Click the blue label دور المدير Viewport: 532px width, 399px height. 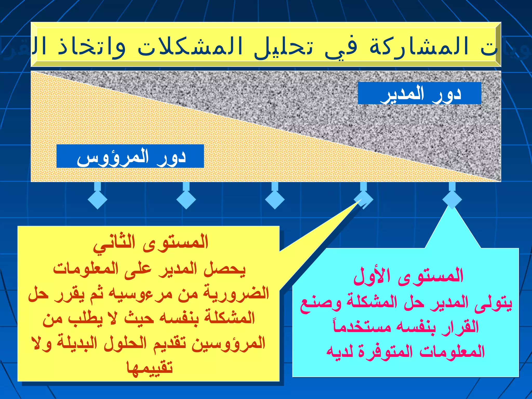pos(420,93)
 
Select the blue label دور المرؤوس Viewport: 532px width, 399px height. pos(130,156)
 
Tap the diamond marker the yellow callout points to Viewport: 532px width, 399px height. pos(363,199)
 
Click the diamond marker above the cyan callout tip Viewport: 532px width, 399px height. pos(452,199)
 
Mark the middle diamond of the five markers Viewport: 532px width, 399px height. pos(275,199)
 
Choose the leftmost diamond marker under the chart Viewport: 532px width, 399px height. pos(97,199)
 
